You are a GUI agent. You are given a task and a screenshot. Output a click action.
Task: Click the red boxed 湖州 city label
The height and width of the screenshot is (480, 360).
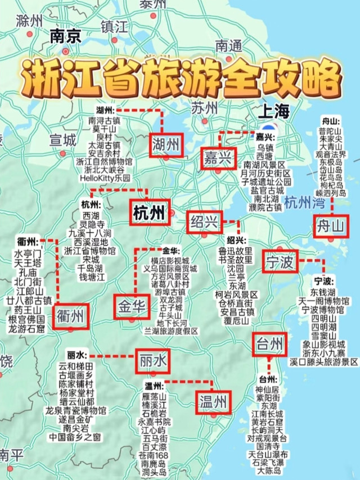pyautogui.click(x=166, y=146)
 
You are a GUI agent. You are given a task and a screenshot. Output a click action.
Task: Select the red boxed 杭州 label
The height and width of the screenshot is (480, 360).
pyautogui.click(x=149, y=212)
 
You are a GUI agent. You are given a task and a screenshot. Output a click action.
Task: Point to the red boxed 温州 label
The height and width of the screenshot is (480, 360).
pyautogui.click(x=213, y=401)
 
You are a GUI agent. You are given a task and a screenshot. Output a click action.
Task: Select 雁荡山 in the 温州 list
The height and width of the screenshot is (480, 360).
pyautogui.click(x=157, y=396)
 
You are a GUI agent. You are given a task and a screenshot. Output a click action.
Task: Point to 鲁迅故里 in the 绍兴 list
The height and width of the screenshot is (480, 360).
pyautogui.click(x=236, y=251)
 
